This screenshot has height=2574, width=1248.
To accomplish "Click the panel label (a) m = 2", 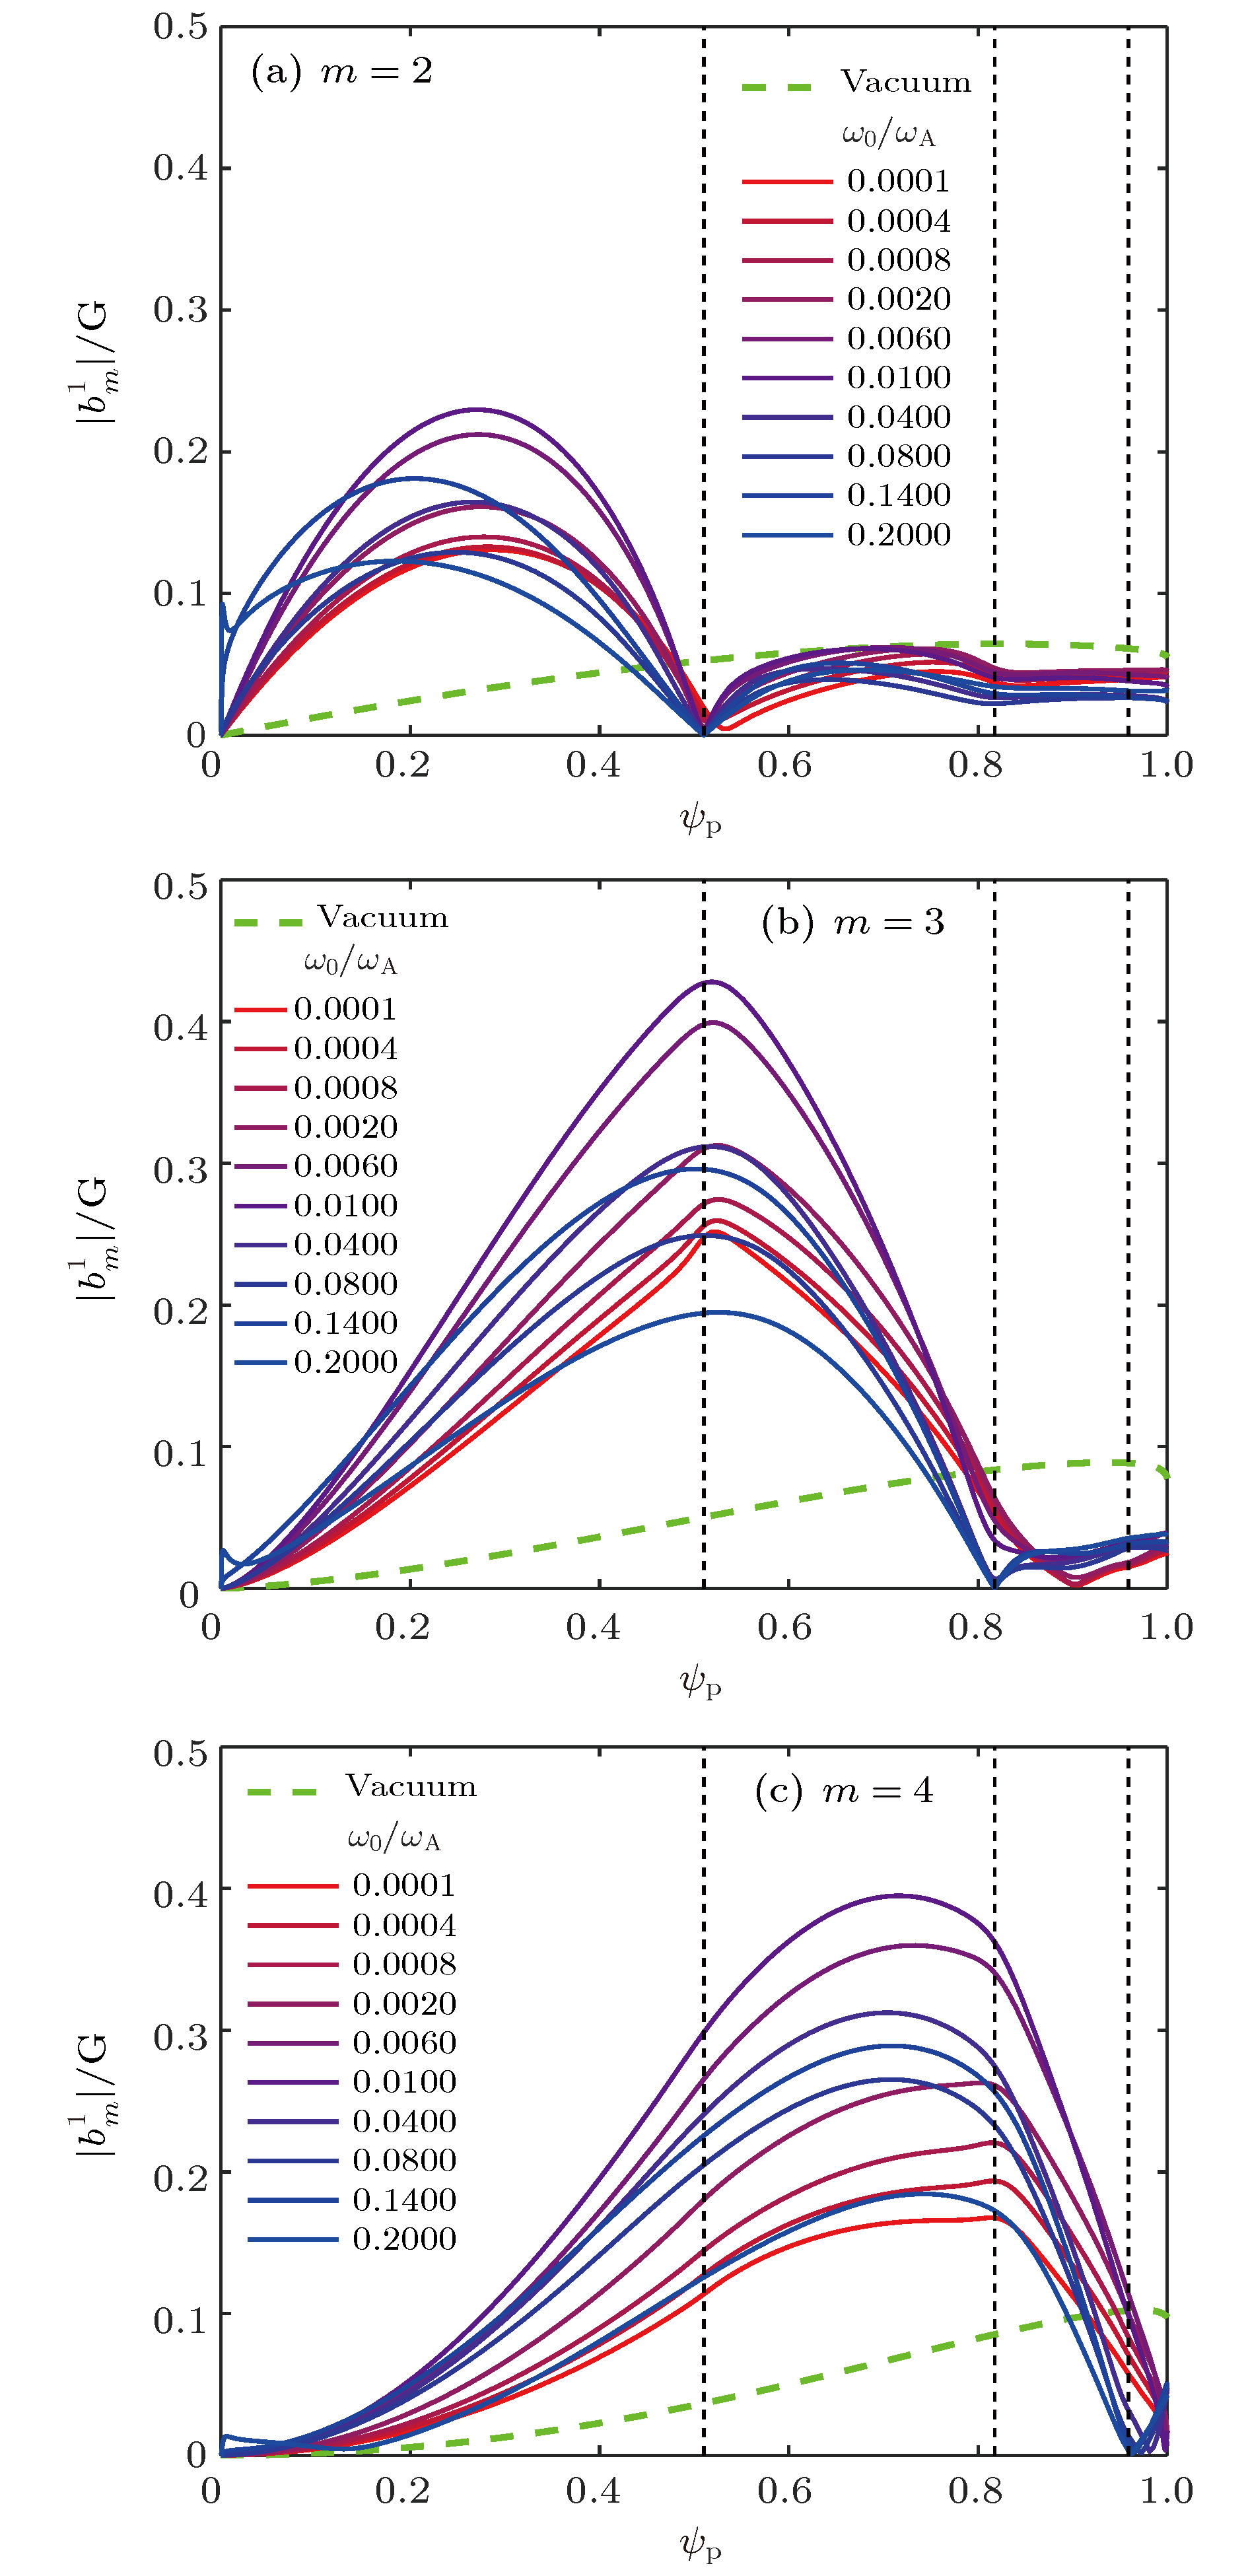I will [x=341, y=72].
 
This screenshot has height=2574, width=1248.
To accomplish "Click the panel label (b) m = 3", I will [x=852, y=921].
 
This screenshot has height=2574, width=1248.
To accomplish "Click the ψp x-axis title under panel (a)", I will [x=699, y=821].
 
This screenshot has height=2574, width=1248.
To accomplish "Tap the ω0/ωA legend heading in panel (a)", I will [x=888, y=133].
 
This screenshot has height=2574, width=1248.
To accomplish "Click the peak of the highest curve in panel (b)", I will [x=711, y=982].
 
